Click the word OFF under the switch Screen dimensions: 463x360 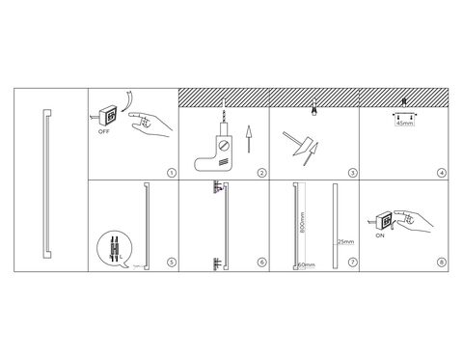click(104, 131)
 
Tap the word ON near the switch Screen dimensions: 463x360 click(380, 235)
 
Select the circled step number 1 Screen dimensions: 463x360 click(172, 173)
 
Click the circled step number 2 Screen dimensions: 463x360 click(262, 173)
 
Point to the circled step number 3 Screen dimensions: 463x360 click(353, 173)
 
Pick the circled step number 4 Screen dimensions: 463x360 click(442, 173)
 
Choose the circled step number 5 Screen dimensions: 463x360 click(172, 263)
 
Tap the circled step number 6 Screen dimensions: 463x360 click(262, 263)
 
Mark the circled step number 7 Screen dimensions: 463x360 click(353, 263)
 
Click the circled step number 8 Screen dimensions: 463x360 click(442, 263)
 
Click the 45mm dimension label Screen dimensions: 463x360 click(405, 123)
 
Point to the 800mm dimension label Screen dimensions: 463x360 click(302, 223)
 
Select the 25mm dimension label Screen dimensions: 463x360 click(345, 241)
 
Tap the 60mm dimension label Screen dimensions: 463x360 click(307, 265)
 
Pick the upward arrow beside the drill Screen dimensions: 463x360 click(248, 139)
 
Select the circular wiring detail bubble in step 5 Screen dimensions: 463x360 click(115, 249)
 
